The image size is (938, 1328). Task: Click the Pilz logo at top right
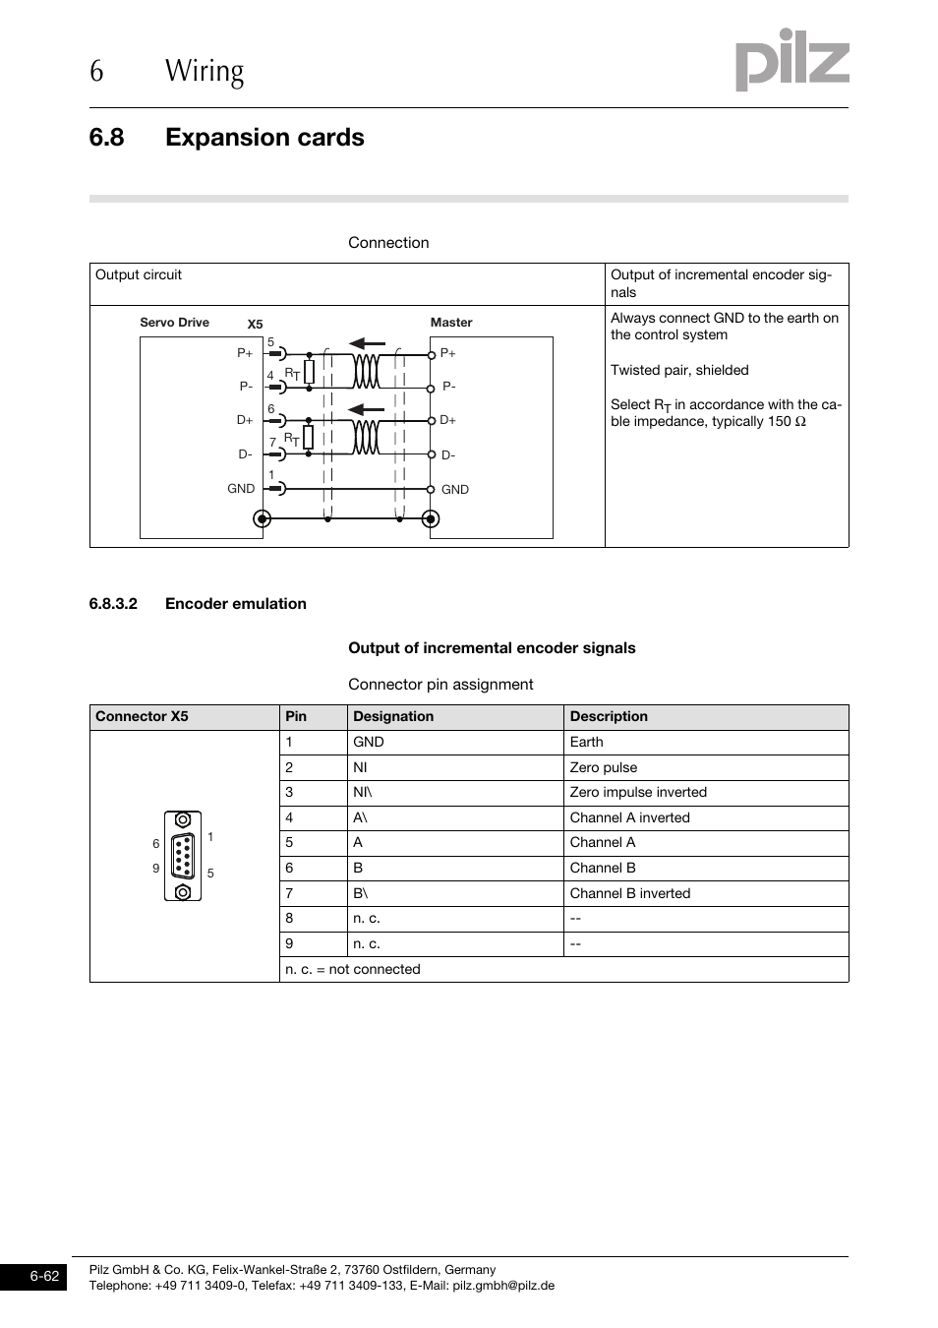coord(791,60)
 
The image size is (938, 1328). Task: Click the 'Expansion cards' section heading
coord(264,138)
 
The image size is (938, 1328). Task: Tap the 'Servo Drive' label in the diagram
coord(174,323)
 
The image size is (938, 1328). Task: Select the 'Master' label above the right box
coord(451,323)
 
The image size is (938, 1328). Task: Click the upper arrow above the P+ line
coord(367,343)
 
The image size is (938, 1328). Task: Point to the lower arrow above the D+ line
coord(367,409)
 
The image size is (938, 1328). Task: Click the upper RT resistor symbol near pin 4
coord(309,372)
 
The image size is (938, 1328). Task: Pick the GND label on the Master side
coord(454,489)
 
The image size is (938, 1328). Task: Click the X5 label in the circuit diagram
coord(255,325)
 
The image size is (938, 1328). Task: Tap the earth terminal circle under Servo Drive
coord(262,518)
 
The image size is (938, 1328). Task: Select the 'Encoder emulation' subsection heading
coord(235,604)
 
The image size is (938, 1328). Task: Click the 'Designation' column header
coord(393,717)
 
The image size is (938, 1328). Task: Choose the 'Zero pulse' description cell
coord(604,767)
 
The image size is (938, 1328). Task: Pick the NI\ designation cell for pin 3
coord(363,792)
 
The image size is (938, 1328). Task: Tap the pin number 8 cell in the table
coord(289,918)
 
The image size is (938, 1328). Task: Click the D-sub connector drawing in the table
coord(183,856)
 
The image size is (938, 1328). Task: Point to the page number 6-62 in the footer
coord(44,1277)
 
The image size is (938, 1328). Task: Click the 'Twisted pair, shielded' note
coord(679,370)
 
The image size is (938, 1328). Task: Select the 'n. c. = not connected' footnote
coord(353,969)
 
